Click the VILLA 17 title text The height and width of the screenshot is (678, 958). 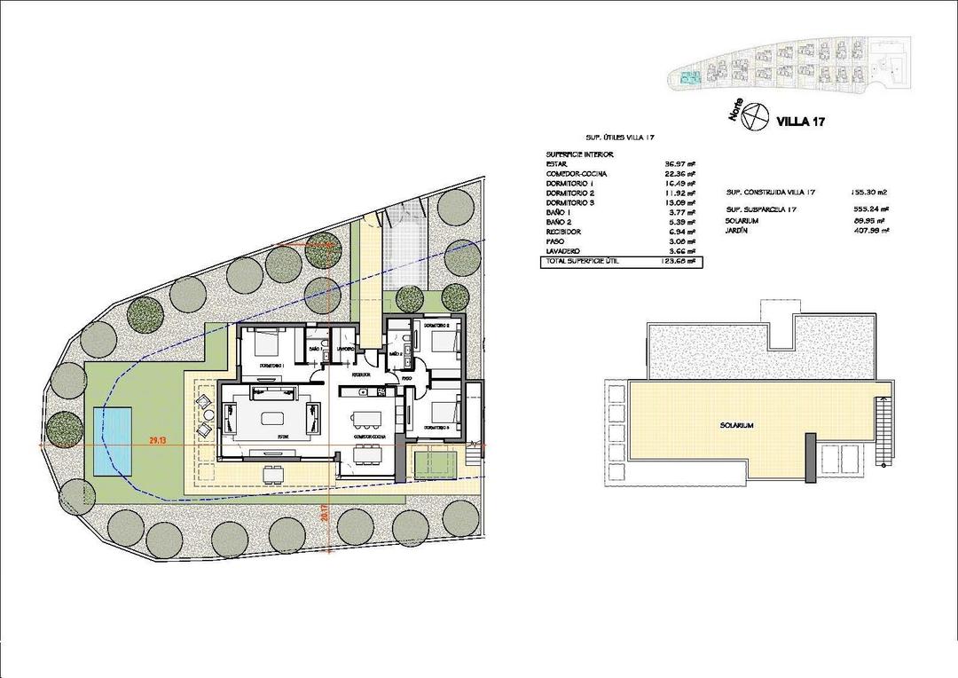coord(800,122)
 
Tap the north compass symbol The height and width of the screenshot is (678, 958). coord(754,115)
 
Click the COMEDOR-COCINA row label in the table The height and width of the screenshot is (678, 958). coord(577,173)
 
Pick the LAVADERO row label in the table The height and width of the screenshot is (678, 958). coord(564,251)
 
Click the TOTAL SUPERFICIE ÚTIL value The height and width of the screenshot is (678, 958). coord(679,262)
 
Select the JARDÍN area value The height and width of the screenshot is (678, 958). coord(872,230)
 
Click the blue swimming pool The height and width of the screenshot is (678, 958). coord(111,440)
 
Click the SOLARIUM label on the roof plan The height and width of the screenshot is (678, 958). coord(736,426)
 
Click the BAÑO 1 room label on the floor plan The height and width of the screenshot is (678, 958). coord(315,350)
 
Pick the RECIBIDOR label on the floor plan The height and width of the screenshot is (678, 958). coord(360,375)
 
